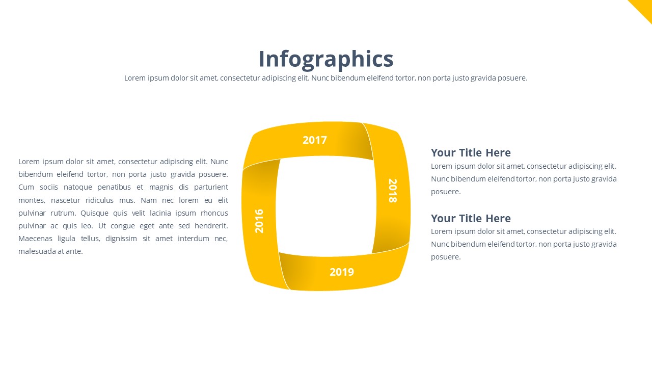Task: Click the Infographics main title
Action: pyautogui.click(x=326, y=60)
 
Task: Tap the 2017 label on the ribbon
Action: pyautogui.click(x=315, y=140)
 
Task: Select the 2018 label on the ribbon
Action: pyautogui.click(x=393, y=191)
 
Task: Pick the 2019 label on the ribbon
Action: pyautogui.click(x=342, y=272)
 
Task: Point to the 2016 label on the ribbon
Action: pyautogui.click(x=259, y=221)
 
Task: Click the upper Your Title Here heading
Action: pyautogui.click(x=471, y=152)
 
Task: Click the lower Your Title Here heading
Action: pyautogui.click(x=471, y=218)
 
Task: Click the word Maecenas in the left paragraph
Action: pyautogui.click(x=35, y=239)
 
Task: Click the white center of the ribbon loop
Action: pyautogui.click(x=325, y=206)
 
